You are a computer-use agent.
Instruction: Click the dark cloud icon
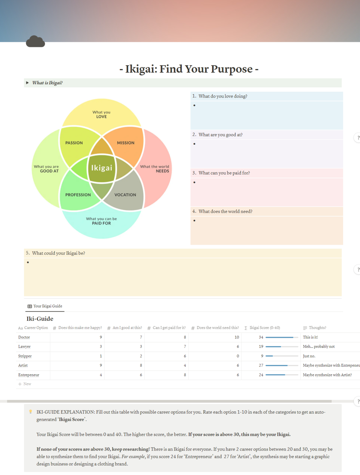click(x=35, y=41)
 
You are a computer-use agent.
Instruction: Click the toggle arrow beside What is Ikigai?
click(x=27, y=83)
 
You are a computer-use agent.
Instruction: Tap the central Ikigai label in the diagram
click(x=102, y=168)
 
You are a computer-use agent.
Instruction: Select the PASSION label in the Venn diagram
click(x=74, y=143)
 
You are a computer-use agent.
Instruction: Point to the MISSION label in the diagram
click(x=126, y=143)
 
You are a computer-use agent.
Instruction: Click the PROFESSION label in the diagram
click(x=78, y=195)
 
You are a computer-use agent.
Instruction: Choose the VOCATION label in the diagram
click(x=125, y=195)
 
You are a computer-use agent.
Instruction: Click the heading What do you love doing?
click(x=223, y=96)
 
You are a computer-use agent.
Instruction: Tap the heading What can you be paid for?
click(x=224, y=173)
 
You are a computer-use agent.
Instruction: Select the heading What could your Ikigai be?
click(x=58, y=253)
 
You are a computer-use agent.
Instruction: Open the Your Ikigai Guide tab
click(x=45, y=306)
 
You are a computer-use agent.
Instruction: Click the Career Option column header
click(x=36, y=328)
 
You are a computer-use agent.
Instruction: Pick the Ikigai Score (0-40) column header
click(x=265, y=328)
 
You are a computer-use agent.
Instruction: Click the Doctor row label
click(x=24, y=337)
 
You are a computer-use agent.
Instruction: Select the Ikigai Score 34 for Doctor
click(x=261, y=337)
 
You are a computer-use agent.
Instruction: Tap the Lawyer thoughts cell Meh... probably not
click(x=319, y=346)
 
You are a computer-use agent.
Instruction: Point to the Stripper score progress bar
click(x=282, y=356)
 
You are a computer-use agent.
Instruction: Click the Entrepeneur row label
click(x=29, y=375)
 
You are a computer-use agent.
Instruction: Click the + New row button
click(x=25, y=384)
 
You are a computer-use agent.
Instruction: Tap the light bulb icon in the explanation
click(x=30, y=412)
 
